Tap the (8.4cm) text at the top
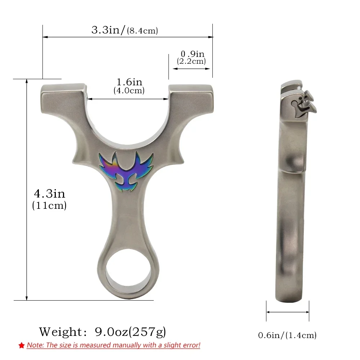click(142, 31)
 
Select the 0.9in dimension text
click(192, 54)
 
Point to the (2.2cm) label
click(191, 61)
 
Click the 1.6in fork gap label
click(130, 82)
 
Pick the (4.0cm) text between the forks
click(129, 90)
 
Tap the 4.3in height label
click(50, 194)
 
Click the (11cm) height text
click(49, 205)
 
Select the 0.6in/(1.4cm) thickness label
click(287, 335)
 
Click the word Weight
click(60, 332)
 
